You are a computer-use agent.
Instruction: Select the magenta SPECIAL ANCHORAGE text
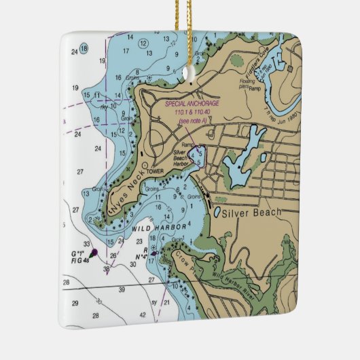192,103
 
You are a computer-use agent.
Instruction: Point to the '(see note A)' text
194,121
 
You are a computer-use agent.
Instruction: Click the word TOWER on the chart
156,171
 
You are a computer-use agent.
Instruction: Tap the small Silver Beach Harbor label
180,158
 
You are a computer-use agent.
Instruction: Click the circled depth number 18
84,48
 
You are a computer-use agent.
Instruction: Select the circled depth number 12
143,43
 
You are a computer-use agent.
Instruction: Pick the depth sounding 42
142,316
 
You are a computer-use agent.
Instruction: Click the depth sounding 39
122,290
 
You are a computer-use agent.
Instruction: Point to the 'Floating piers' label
247,84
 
